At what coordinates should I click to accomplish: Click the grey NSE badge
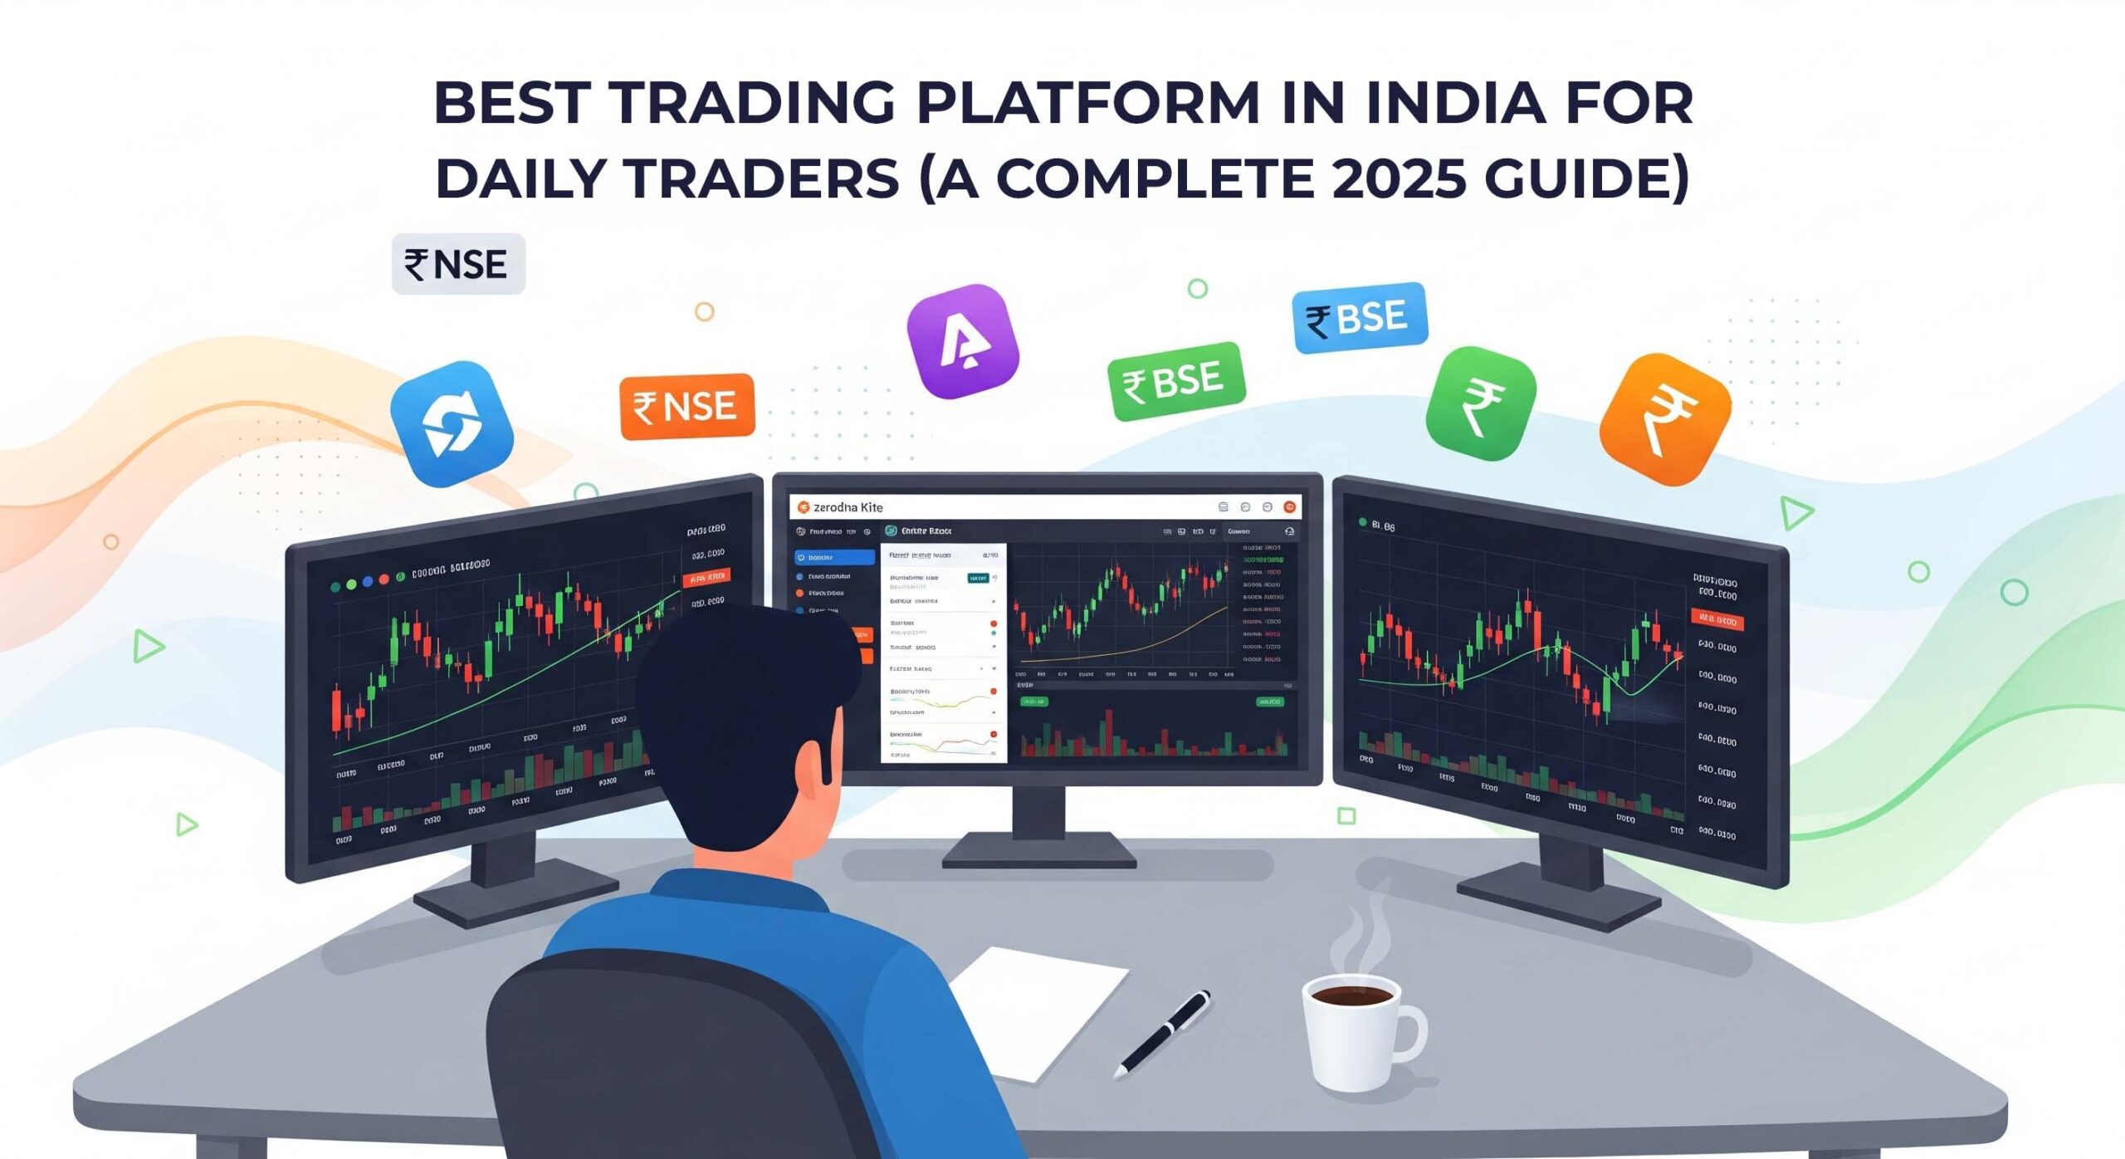(x=458, y=264)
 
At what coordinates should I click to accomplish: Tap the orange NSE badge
(x=687, y=406)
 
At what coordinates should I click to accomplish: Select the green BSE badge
(x=1176, y=381)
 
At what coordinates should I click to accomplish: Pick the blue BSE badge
(x=1360, y=317)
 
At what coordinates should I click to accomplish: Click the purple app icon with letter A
(x=963, y=341)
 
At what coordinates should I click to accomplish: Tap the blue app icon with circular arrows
(x=452, y=423)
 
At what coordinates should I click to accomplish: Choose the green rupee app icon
(x=1481, y=404)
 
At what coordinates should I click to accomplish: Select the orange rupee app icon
(x=1665, y=420)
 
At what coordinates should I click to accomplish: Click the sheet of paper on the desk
(x=1038, y=1005)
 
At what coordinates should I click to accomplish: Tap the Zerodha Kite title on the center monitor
(x=848, y=507)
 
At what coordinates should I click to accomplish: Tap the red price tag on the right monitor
(x=1717, y=619)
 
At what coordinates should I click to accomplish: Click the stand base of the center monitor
(x=1039, y=851)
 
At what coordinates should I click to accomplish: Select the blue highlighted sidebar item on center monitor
(x=834, y=557)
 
